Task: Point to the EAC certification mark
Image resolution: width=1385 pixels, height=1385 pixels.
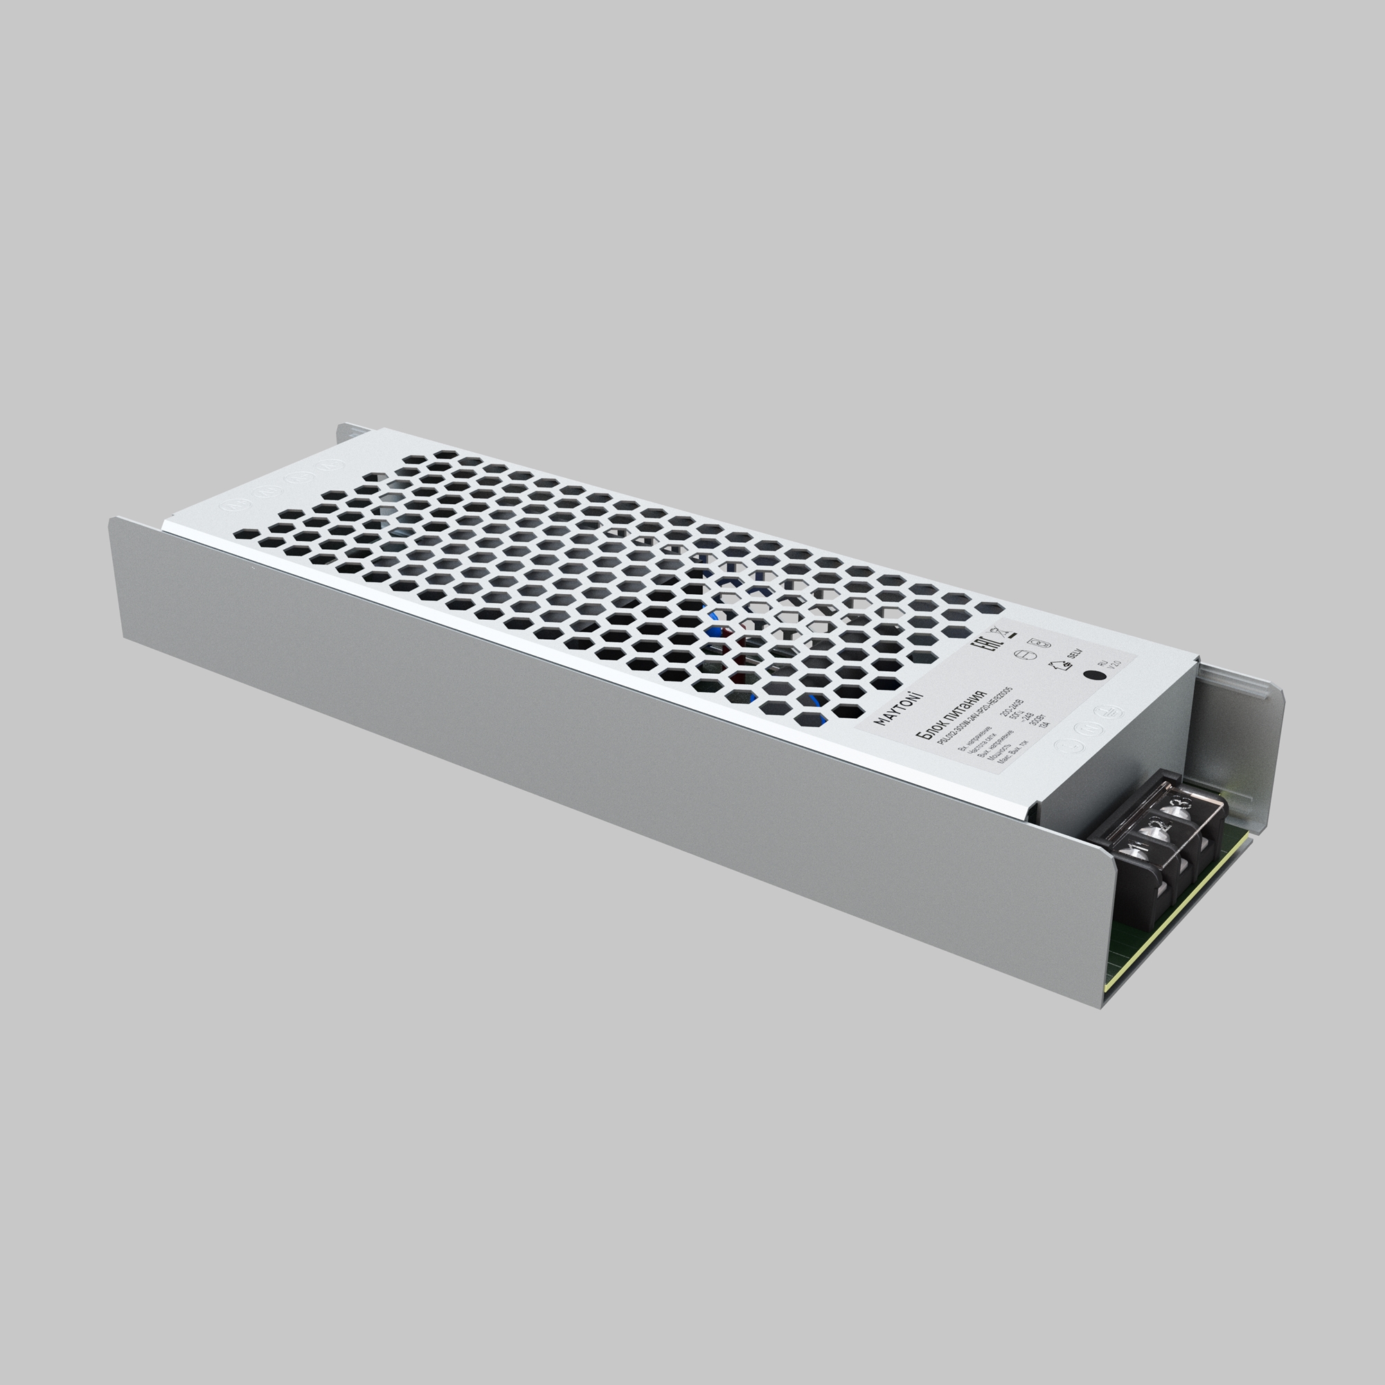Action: tap(987, 645)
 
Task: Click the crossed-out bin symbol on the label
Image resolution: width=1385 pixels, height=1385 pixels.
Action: tap(999, 633)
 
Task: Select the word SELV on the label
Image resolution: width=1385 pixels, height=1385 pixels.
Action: tap(1075, 654)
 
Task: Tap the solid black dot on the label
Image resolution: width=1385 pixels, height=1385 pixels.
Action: tap(1096, 675)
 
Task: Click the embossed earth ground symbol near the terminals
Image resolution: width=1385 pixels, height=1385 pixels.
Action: tap(1109, 713)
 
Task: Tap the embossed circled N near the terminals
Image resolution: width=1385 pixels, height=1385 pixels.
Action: tap(1089, 729)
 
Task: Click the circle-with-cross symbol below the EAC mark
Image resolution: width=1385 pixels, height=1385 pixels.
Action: tap(1026, 655)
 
